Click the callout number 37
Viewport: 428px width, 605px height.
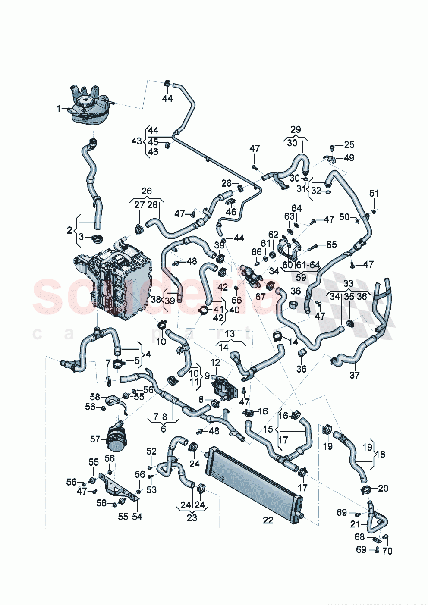coord(354,375)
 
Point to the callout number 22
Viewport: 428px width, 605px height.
coord(268,520)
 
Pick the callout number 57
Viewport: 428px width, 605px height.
coord(95,439)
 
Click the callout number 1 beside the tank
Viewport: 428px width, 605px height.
coord(59,109)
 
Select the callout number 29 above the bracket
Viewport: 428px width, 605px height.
coord(296,129)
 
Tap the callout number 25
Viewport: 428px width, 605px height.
coord(349,145)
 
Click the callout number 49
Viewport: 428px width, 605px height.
coord(349,158)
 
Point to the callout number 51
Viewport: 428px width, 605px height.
coord(374,193)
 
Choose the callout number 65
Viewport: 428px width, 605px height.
coord(331,245)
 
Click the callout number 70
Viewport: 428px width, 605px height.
coord(387,551)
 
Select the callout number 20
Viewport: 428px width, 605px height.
coord(383,488)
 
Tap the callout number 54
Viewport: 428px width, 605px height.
coord(137,516)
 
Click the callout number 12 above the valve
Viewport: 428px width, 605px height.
coord(215,363)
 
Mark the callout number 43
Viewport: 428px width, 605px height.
coord(136,141)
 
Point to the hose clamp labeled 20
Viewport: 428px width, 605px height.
coord(366,489)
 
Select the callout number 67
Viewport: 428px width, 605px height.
coord(260,297)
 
